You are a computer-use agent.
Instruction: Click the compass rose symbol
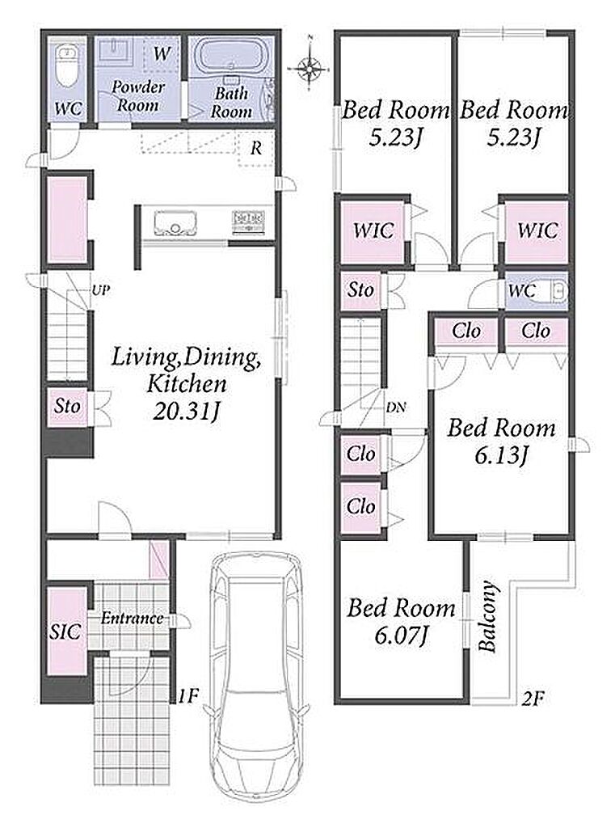[x=310, y=67]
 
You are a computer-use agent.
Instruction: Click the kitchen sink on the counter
[x=175, y=223]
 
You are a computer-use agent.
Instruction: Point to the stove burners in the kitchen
[x=248, y=222]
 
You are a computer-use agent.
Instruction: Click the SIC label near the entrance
[x=65, y=632]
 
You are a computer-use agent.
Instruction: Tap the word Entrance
[x=132, y=619]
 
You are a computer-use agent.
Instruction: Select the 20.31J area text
[x=186, y=412]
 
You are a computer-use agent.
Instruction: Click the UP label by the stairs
[x=101, y=290]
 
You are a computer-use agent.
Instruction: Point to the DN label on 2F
[x=396, y=408]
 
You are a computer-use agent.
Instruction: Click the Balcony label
[x=488, y=616]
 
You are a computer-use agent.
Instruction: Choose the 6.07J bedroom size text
[x=401, y=636]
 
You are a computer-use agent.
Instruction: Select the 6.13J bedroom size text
[x=501, y=454]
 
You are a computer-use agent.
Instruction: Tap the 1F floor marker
[x=188, y=696]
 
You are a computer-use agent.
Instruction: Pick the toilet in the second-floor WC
[x=556, y=290]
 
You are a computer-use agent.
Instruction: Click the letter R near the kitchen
[x=256, y=149]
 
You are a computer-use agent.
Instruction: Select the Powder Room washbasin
[x=116, y=51]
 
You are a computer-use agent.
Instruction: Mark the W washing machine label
[x=162, y=53]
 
